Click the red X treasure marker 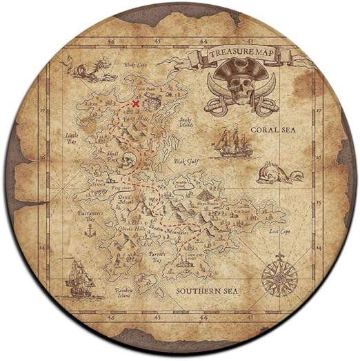click(x=136, y=104)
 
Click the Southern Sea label click(x=206, y=291)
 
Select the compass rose click(x=279, y=276)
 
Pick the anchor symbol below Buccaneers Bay click(x=89, y=231)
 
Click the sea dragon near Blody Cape click(x=88, y=69)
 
